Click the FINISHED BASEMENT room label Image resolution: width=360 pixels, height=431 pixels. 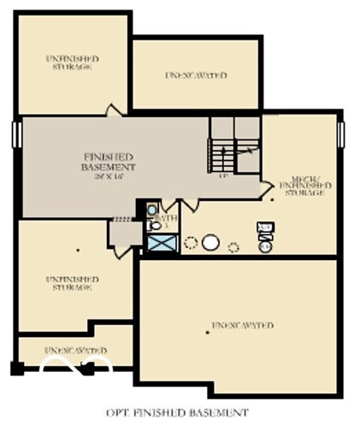pyautogui.click(x=109, y=162)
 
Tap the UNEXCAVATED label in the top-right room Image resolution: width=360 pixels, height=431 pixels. pyautogui.click(x=196, y=75)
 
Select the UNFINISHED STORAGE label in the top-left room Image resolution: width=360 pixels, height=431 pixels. pyautogui.click(x=72, y=62)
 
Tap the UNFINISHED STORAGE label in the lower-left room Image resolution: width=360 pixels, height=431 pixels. pyautogui.click(x=72, y=283)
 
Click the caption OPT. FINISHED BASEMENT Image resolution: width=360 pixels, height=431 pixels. pyautogui.click(x=177, y=413)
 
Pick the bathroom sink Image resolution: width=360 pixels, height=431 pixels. pyautogui.click(x=151, y=210)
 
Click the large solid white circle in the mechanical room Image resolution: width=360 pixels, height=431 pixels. pyautogui.click(x=210, y=243)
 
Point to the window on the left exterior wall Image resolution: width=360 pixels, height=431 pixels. pyautogui.click(x=15, y=134)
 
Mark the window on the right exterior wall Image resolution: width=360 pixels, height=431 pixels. pyautogui.click(x=340, y=134)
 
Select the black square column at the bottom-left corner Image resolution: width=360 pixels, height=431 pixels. pyautogui.click(x=17, y=369)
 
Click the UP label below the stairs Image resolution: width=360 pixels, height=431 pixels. pyautogui.click(x=222, y=176)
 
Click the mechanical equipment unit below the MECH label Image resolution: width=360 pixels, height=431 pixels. pyautogui.click(x=265, y=230)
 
